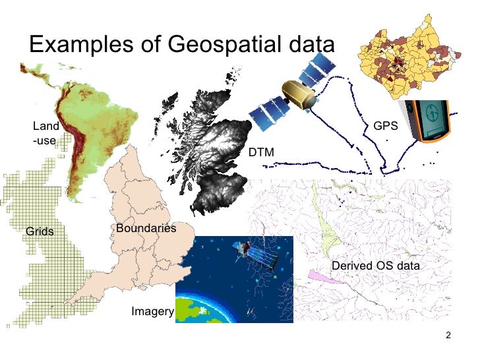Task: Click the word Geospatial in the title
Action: (218, 45)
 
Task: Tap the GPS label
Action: (385, 125)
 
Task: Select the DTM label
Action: (261, 153)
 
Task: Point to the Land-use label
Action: (45, 133)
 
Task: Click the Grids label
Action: (40, 231)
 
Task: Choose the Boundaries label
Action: (146, 228)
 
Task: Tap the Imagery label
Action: (152, 311)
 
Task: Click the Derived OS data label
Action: (375, 266)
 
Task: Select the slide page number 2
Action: (448, 336)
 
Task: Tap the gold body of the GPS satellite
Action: (298, 94)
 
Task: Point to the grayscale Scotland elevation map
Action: (211, 145)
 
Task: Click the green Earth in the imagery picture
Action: (204, 310)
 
